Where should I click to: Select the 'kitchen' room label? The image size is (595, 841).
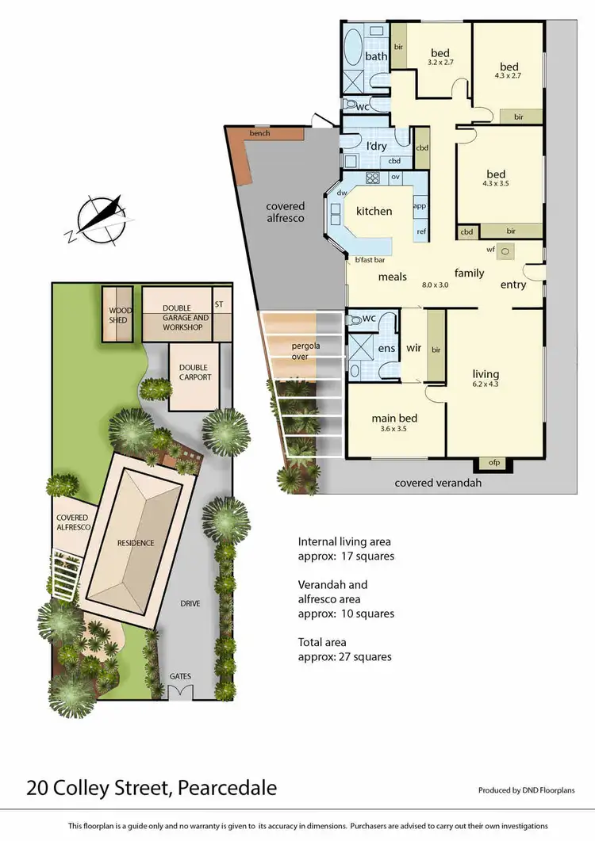click(374, 212)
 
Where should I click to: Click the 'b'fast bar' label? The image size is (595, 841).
click(369, 260)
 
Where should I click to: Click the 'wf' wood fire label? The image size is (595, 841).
click(491, 250)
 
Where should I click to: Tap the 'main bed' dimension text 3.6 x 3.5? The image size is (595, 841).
click(394, 430)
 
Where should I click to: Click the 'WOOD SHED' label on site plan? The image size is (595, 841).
click(117, 315)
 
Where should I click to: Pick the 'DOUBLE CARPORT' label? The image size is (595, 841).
click(194, 373)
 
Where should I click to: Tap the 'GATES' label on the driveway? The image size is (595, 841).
click(179, 676)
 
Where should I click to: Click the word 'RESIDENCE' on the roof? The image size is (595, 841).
click(135, 543)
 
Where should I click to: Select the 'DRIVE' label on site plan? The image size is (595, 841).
click(190, 603)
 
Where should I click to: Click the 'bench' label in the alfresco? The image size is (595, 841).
click(259, 133)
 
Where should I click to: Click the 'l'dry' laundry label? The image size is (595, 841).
click(375, 146)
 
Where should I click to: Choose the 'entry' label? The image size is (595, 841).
click(512, 285)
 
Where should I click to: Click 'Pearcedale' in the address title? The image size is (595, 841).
click(228, 788)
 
